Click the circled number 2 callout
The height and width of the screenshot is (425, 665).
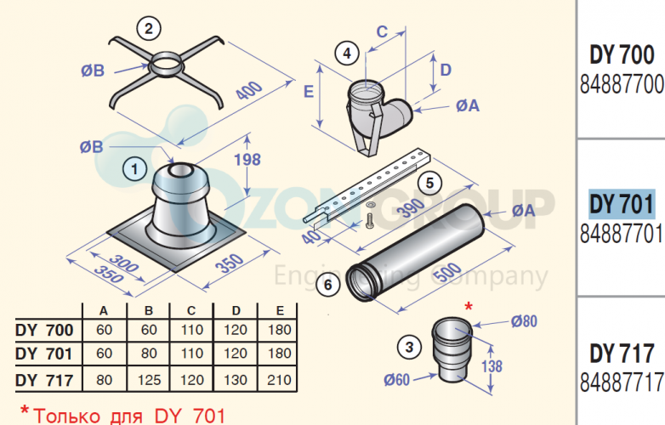pos(149,29)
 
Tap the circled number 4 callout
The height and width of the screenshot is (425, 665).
pos(347,54)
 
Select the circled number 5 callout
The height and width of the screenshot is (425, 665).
pos(429,183)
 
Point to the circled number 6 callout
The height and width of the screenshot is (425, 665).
pos(328,284)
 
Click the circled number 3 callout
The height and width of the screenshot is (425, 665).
pos(409,348)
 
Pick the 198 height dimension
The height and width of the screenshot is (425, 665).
pos(247,160)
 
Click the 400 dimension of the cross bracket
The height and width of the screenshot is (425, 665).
pos(249,91)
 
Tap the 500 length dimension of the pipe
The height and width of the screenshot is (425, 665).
pos(448,273)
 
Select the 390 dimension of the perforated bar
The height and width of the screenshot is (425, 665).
pos(411,207)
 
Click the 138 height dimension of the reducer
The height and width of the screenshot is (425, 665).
pos(492,366)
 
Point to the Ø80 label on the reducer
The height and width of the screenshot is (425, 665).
pos(524,321)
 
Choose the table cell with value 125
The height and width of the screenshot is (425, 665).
pos(149,380)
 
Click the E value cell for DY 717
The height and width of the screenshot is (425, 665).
pos(279,380)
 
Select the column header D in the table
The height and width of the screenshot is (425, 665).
pos(236,311)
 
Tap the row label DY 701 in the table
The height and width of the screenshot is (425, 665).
pos(44,354)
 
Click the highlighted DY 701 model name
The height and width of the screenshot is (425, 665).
pos(622,204)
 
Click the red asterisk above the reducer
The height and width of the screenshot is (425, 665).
pos(469,306)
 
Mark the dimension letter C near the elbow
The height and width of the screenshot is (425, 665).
pos(382,31)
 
